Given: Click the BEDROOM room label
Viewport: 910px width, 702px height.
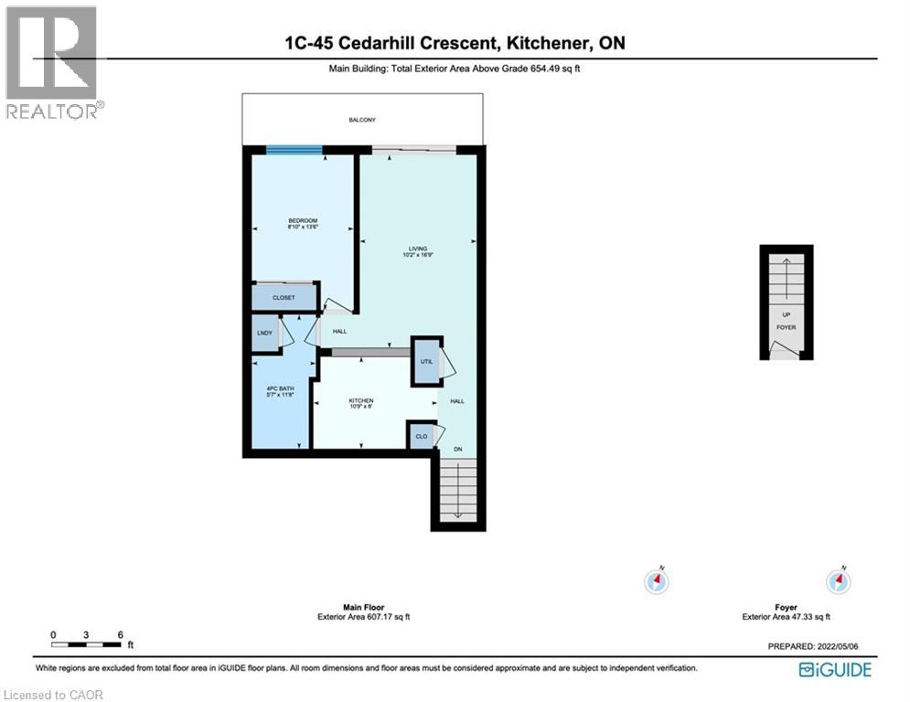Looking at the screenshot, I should tap(303, 220).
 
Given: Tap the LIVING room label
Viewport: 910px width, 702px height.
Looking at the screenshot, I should tap(417, 248).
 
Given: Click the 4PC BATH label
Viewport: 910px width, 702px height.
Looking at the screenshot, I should tap(277, 389).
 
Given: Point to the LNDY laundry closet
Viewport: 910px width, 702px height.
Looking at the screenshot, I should tap(264, 334).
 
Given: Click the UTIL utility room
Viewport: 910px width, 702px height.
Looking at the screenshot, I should tap(425, 361).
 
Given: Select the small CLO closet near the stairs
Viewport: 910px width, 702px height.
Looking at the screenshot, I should tap(421, 436).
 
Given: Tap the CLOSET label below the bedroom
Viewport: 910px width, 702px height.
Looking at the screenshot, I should tap(283, 297).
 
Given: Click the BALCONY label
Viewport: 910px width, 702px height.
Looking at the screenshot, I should tap(363, 120).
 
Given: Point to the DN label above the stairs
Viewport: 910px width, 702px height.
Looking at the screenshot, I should tap(459, 449).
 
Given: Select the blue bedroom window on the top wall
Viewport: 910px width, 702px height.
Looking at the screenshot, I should tap(294, 150).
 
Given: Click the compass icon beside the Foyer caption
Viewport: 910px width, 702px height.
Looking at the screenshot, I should tap(838, 580).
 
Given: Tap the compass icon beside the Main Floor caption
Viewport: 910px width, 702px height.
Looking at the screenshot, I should tap(656, 580).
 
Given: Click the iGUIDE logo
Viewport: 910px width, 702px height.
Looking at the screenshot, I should tap(834, 670).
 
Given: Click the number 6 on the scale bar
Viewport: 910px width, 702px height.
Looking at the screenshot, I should tap(119, 634).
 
